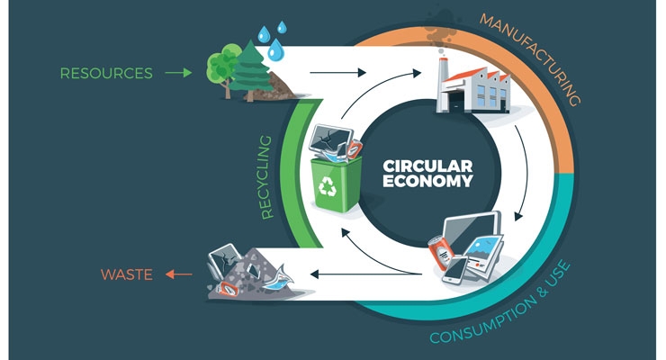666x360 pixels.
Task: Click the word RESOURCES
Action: point(106,74)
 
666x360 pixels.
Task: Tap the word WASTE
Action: point(127,274)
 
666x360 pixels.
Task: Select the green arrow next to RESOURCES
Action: point(178,73)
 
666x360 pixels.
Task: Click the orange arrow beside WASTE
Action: point(178,274)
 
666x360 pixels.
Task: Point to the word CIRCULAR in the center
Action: point(427,166)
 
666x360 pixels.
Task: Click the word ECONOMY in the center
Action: point(427,181)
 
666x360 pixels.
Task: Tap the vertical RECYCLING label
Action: point(265,177)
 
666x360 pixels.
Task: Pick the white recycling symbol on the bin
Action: point(328,186)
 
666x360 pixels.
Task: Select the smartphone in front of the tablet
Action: point(454,270)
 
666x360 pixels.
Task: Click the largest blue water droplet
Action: point(275,49)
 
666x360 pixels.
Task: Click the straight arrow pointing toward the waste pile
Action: point(366,274)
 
